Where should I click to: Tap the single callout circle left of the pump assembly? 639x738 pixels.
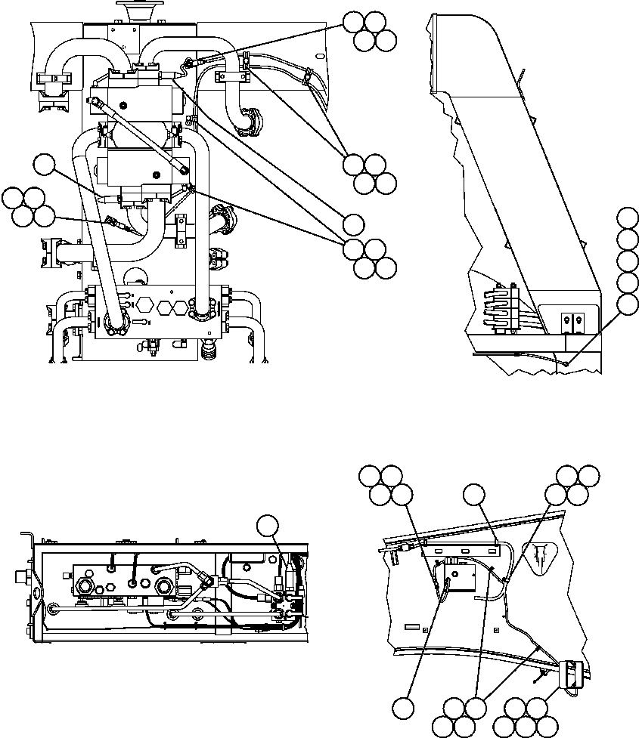44,164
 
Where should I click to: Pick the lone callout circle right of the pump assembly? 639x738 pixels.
354,224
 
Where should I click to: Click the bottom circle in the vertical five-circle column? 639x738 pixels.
627,304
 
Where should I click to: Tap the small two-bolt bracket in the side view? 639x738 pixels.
571,321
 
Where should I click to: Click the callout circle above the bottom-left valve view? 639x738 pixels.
268,526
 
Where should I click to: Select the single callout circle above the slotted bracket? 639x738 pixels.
474,496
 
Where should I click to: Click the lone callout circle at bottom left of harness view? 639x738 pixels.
403,708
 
